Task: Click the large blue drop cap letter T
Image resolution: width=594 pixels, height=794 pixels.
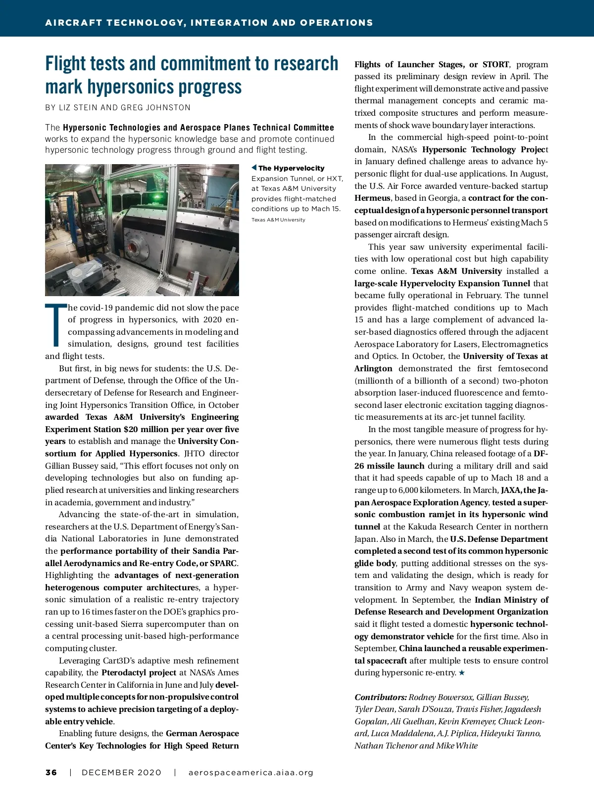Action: tap(55, 326)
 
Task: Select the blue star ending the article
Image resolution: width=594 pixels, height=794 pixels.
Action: tap(462, 673)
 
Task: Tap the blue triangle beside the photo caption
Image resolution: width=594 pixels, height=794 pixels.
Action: tap(254, 168)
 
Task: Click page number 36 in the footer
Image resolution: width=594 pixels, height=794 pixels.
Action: tap(51, 773)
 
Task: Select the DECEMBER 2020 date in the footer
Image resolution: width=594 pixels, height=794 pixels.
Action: tap(121, 773)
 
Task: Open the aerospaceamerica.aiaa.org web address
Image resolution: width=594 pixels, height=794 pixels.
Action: tap(251, 773)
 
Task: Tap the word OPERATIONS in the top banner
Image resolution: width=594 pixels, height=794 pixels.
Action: tap(336, 23)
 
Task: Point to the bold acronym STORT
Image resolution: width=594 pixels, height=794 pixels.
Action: tap(495, 64)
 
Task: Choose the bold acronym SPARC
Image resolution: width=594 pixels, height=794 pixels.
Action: tap(223, 563)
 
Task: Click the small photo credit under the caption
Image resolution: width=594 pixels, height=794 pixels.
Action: tap(278, 220)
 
